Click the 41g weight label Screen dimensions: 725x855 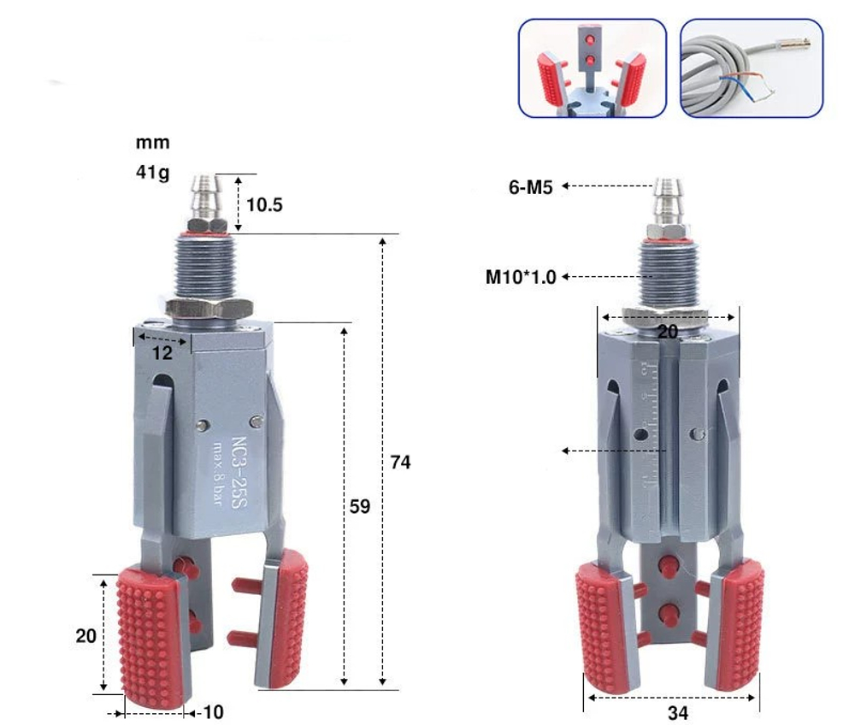tap(152, 172)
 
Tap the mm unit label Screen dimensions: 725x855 tap(152, 142)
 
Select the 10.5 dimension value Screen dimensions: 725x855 tap(264, 204)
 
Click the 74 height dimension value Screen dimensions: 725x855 tap(400, 463)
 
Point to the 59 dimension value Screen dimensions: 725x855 tap(360, 506)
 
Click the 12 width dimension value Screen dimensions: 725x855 tap(162, 352)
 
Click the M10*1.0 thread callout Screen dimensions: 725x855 tap(521, 277)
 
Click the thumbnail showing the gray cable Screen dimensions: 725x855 tap(751, 68)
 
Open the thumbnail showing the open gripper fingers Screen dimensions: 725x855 tap(592, 68)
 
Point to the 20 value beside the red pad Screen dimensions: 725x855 tap(85, 636)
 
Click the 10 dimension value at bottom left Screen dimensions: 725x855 tap(213, 712)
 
